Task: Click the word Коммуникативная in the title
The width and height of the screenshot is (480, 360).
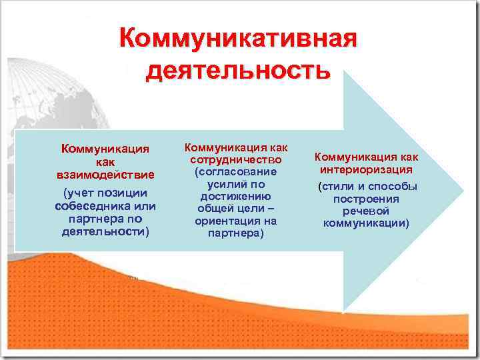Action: (x=238, y=38)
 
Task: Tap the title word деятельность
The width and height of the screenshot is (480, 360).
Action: (x=238, y=69)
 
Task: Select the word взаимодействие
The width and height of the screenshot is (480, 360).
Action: (x=105, y=175)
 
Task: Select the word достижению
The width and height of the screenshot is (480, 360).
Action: (x=236, y=196)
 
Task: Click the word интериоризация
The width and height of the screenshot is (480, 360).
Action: (x=366, y=169)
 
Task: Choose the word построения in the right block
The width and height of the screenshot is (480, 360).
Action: (x=366, y=199)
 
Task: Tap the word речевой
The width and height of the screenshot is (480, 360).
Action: (x=366, y=211)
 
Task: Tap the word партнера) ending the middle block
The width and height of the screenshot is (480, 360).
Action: (x=236, y=233)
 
